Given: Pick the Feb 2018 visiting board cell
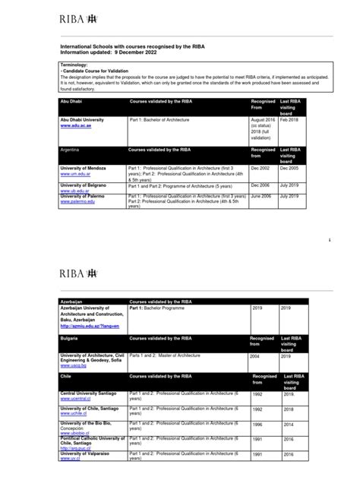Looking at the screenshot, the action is [x=289, y=120].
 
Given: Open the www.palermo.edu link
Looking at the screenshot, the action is [x=78, y=202].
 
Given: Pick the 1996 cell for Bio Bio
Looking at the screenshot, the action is [x=259, y=425].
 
